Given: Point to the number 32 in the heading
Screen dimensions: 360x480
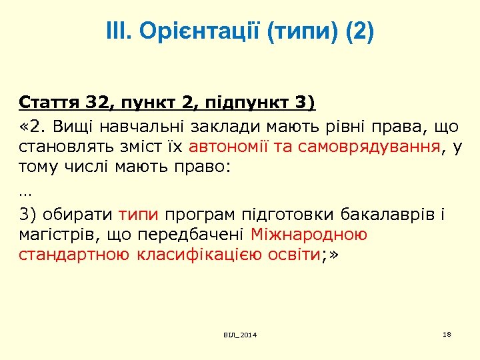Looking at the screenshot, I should coord(98,104).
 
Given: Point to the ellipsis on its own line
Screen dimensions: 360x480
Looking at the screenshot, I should coord(25,192).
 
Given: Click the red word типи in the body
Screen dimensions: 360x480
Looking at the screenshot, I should coord(139,214).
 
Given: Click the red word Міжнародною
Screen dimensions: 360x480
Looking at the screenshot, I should coord(309,235).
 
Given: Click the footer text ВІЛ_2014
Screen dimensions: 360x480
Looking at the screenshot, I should coord(241,335).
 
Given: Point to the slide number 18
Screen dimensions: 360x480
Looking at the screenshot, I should coord(447,333).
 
